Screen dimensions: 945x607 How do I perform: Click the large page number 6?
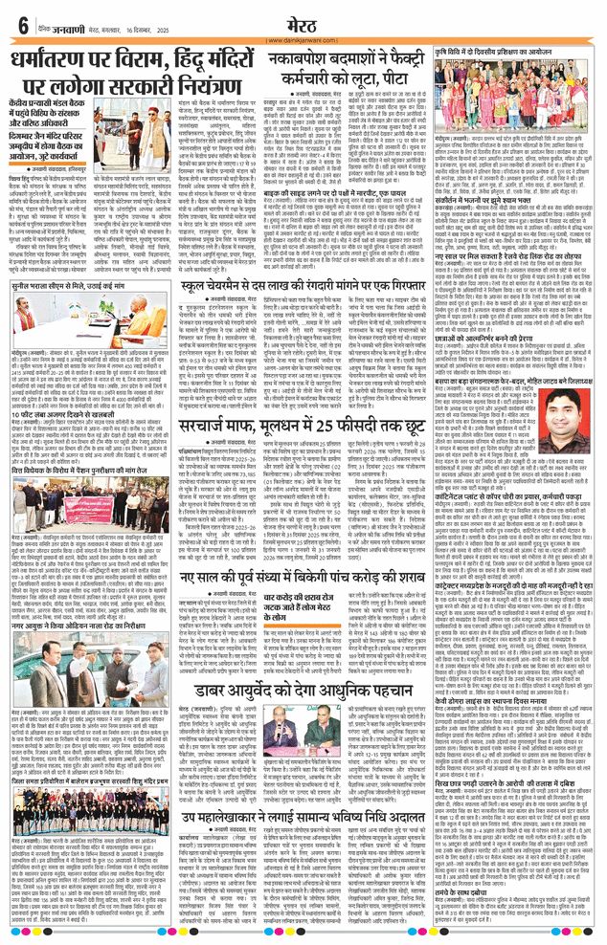click(22, 22)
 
